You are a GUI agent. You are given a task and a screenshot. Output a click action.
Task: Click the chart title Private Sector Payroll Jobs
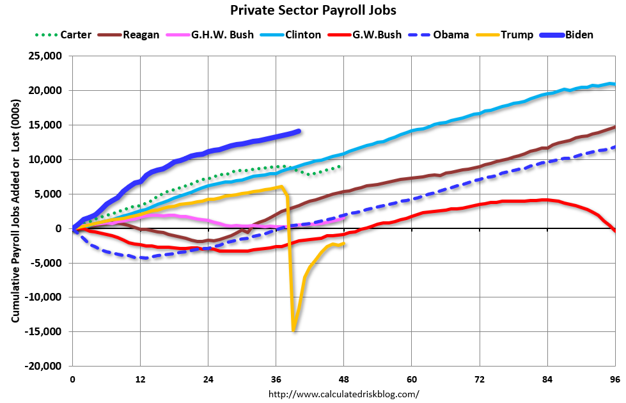click(313, 11)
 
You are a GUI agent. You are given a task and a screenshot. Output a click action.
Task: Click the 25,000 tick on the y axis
click(45, 56)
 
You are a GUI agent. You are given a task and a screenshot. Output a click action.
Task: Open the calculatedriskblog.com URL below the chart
click(344, 393)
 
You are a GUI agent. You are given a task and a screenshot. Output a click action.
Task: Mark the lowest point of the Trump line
click(293, 330)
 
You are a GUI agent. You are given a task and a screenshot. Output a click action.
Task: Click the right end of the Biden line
click(299, 130)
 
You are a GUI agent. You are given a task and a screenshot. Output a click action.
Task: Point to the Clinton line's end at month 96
click(614, 84)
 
